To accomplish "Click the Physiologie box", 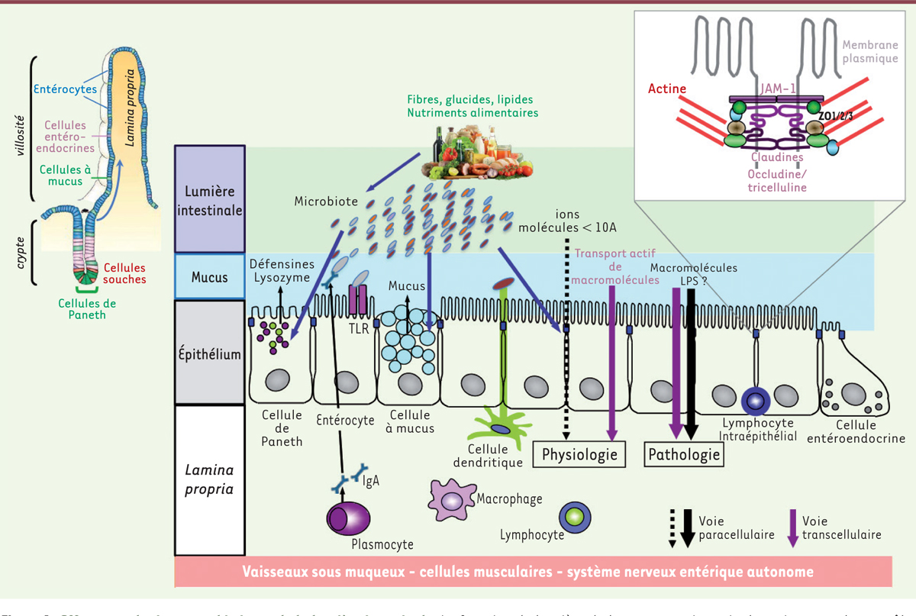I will [x=579, y=455].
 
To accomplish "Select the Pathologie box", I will [x=684, y=455].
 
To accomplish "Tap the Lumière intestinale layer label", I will [x=210, y=198].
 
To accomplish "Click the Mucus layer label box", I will [x=210, y=276].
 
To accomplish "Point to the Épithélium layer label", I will [x=210, y=353].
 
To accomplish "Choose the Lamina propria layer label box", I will [x=210, y=479].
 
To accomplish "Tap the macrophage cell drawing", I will [x=452, y=500].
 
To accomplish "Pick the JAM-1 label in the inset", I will [x=776, y=89].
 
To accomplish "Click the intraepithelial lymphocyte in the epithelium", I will [x=754, y=399].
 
